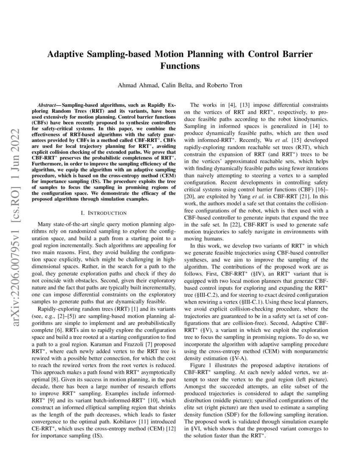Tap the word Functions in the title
click(x=180, y=66)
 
